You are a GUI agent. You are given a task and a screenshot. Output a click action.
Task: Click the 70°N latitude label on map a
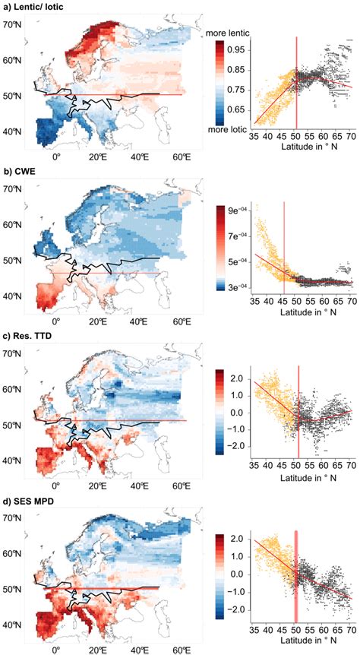[x=13, y=24]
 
